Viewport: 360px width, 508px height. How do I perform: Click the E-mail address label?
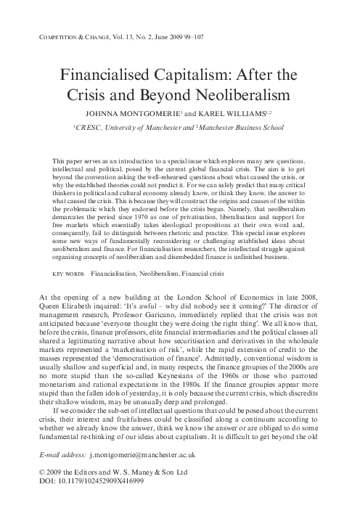tap(60, 452)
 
